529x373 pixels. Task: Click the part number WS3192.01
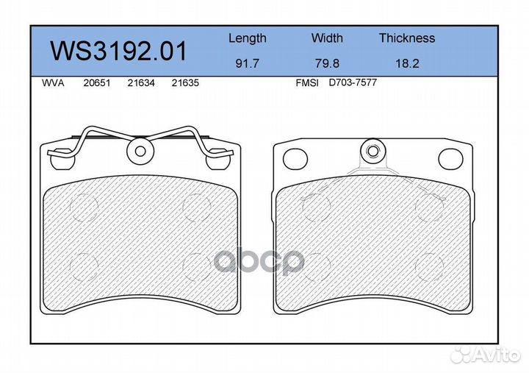click(118, 51)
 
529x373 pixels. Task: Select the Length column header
click(247, 38)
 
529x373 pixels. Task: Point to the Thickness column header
click(406, 38)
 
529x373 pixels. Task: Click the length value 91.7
click(247, 64)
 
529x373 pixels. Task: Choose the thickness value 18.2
click(406, 64)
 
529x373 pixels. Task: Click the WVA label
click(53, 84)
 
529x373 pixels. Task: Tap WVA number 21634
click(140, 84)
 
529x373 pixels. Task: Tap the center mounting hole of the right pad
click(373, 152)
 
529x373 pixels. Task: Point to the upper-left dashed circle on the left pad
click(82, 207)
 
